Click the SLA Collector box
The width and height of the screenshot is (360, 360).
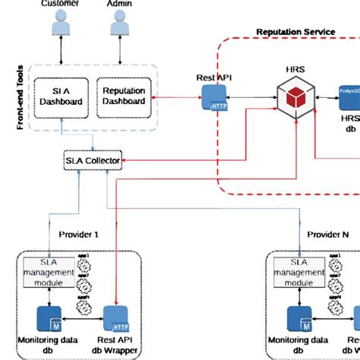[92, 160]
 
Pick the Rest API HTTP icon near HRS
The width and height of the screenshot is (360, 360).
[211, 96]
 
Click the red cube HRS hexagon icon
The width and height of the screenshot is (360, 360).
[295, 97]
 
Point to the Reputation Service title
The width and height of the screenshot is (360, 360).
[295, 32]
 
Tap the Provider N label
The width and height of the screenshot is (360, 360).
[328, 235]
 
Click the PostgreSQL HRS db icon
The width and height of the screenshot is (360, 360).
[348, 96]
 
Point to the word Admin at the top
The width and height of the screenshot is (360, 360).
[118, 4]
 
